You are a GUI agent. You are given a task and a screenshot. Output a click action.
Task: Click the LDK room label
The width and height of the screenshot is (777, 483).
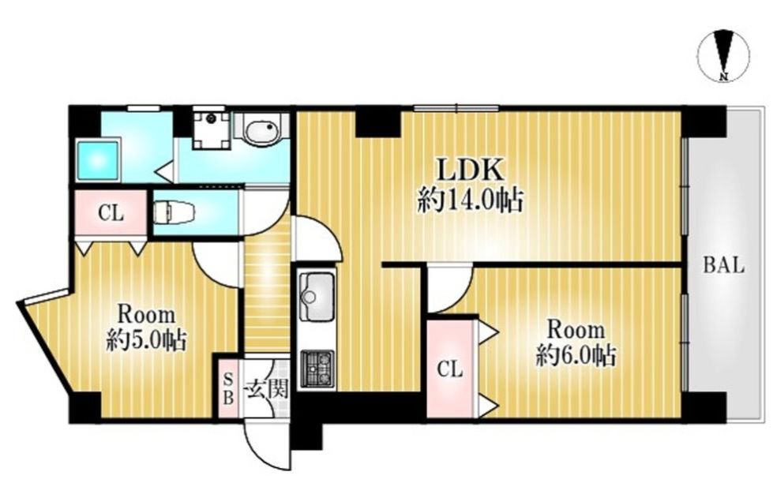coord(469,170)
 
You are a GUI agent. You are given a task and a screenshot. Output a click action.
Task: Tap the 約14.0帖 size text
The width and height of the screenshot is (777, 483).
coord(471,200)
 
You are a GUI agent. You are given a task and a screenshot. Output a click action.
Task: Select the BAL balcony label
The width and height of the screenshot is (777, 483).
coord(724,266)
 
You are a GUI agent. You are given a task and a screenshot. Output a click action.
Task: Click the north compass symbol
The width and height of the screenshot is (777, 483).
coord(724,55)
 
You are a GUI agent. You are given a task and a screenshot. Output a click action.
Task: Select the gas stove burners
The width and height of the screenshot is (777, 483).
coord(317,369)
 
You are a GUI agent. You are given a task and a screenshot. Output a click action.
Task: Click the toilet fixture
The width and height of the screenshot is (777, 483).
coord(172,212)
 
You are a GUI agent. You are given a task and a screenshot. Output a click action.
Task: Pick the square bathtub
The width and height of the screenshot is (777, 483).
coord(99,160)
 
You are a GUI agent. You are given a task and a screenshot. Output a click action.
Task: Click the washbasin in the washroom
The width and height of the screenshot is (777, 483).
coord(262,129)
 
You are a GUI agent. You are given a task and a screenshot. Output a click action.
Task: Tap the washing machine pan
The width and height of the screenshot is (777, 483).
coord(212,129)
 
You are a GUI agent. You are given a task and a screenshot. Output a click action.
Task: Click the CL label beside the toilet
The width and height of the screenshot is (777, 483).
coord(111,213)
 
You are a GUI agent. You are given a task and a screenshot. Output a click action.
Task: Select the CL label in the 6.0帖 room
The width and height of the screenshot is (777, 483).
coord(450,369)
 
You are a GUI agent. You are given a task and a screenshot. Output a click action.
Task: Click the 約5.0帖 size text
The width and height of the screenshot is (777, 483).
coord(146,342)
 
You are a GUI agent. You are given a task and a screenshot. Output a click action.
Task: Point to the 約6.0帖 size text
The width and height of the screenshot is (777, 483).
coord(576,356)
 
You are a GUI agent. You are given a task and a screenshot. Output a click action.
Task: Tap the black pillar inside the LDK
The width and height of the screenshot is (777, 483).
coord(377,122)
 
